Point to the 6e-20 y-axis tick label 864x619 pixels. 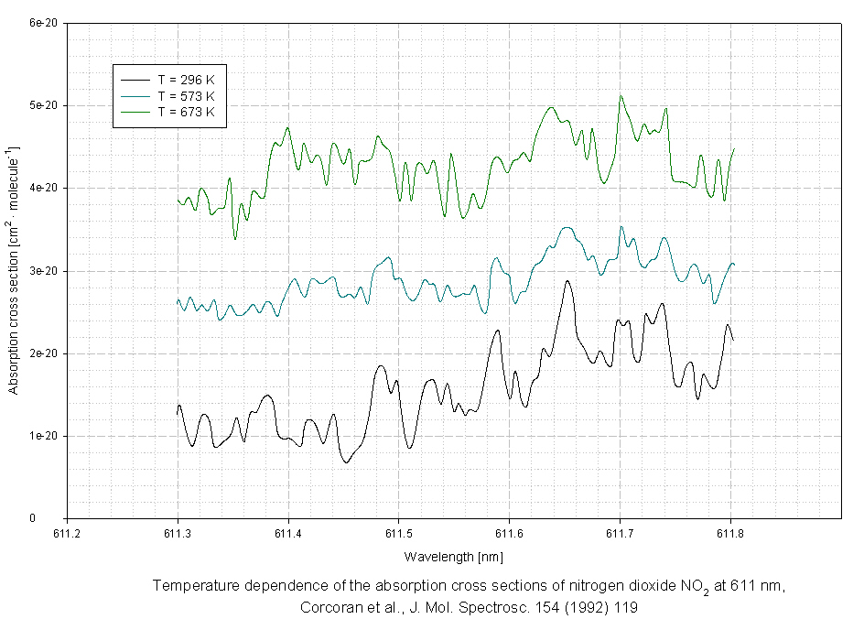coord(45,23)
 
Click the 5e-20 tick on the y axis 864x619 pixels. coord(45,105)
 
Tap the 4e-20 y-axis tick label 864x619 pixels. coord(45,188)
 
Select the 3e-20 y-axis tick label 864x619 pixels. coord(45,271)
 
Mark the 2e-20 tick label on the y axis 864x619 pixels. coord(45,353)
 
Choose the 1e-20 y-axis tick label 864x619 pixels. coord(45,436)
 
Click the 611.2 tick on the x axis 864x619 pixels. coord(68,532)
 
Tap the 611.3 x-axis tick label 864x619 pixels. coord(178,532)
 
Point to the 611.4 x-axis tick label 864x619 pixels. coord(288,532)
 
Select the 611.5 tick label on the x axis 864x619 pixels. coord(399,532)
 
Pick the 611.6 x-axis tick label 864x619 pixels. coord(509,532)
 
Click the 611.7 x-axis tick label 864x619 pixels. coord(620,532)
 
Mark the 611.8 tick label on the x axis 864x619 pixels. coord(730,532)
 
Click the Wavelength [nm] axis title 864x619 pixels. coord(453,556)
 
